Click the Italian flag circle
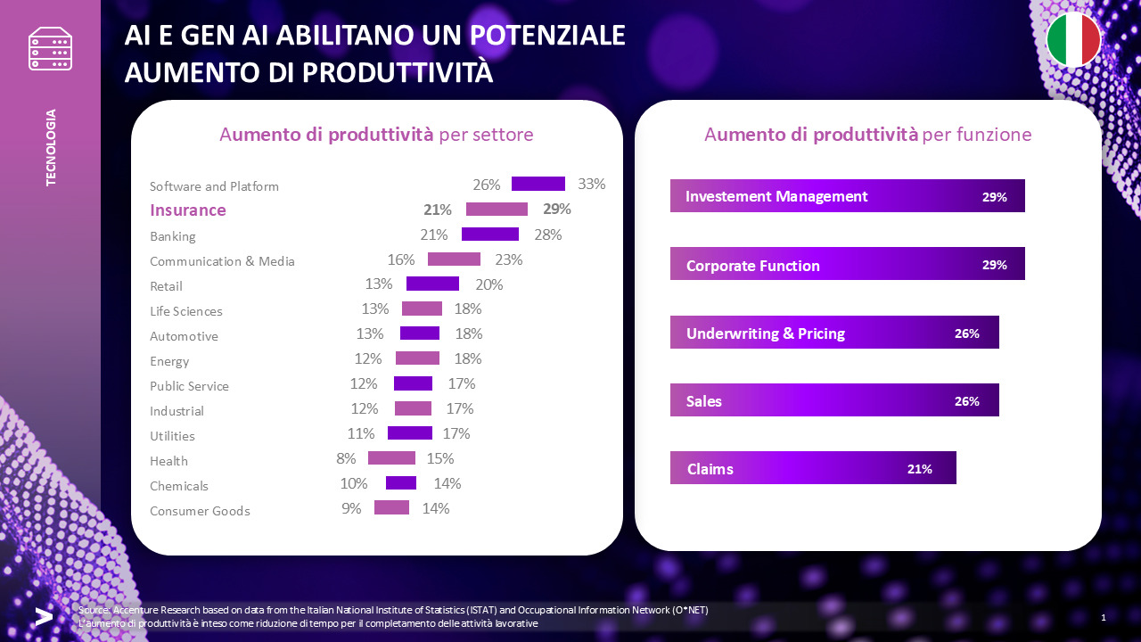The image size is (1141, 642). pos(1073,39)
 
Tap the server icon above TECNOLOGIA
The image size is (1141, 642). pos(50,48)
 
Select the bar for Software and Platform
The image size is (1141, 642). pos(538,184)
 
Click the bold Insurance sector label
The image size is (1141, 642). pos(188,210)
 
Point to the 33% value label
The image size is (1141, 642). pos(591,184)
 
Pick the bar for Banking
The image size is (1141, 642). pos(489,235)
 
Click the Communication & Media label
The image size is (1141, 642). pos(222,261)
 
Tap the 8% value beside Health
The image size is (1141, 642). pos(346,458)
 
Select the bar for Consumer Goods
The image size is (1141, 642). pos(391,507)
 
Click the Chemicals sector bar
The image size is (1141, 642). pos(400,483)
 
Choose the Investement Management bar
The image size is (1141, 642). pos(847,196)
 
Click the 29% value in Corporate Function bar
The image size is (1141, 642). pos(994,265)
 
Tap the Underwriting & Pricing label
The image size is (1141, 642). pos(765,333)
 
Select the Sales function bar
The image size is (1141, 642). pos(833,400)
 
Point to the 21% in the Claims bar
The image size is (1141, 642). pos(919,469)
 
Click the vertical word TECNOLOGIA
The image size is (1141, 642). pos(51,147)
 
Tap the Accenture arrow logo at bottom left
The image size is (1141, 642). pos(43,616)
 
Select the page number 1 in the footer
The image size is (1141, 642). pos(1104,618)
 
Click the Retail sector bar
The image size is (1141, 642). pos(432,284)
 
